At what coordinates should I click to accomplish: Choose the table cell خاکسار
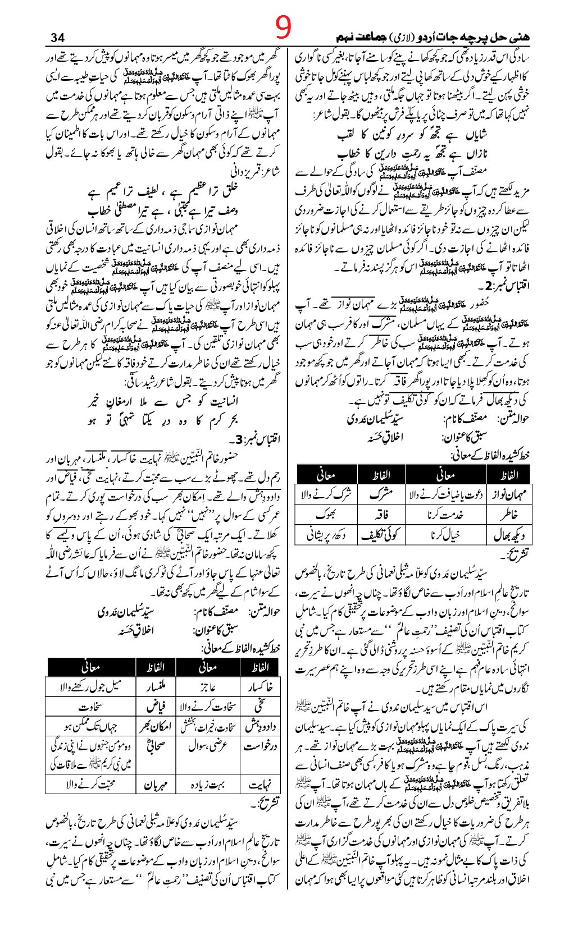(x=260, y=686)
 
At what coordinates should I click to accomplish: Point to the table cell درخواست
(x=260, y=747)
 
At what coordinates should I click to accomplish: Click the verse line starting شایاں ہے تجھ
(x=430, y=136)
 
